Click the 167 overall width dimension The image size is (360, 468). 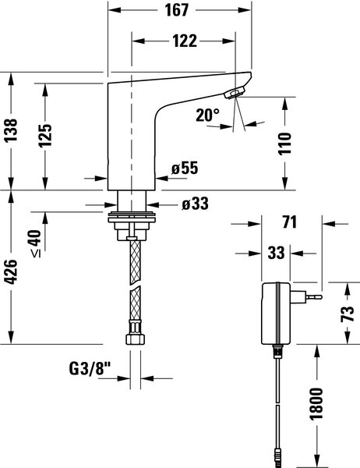click(177, 10)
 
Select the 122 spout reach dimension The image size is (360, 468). click(185, 41)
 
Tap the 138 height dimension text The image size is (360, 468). click(12, 130)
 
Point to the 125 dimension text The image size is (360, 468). click(45, 136)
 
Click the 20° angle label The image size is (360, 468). click(207, 115)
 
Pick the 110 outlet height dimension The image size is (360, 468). click(284, 144)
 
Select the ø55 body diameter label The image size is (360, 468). click(185, 168)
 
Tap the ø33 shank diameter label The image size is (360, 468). click(196, 204)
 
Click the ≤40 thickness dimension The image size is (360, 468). click(36, 243)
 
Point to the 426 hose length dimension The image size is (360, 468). click(12, 271)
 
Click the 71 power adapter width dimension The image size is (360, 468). click(290, 222)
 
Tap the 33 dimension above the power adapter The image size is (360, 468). click(276, 253)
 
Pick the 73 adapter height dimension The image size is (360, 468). click(348, 314)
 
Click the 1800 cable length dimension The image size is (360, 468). click(316, 403)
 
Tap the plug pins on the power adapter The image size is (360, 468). click(314, 297)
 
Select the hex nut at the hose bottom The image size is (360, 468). click(135, 339)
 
